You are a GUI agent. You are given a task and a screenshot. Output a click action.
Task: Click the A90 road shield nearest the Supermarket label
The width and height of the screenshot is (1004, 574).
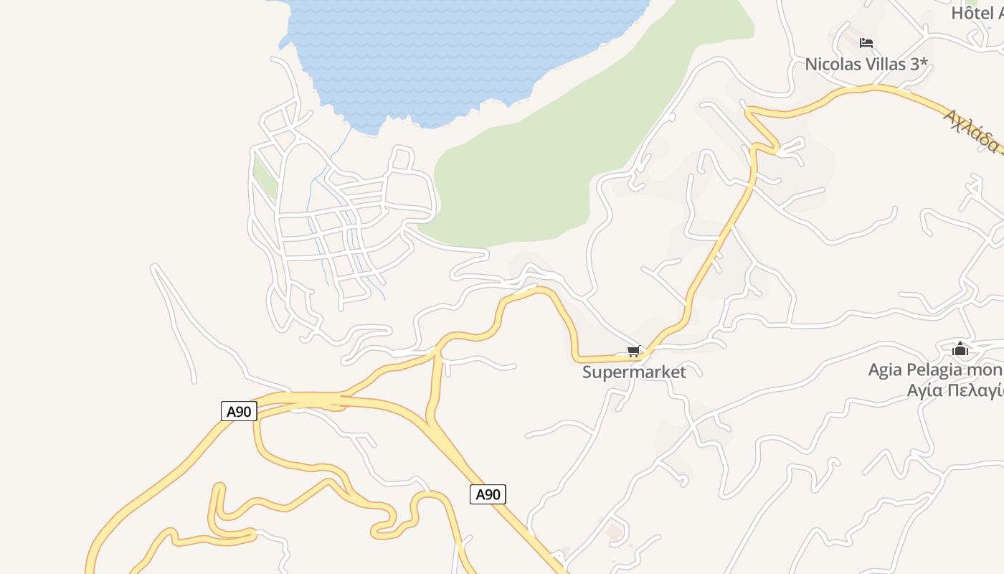pyautogui.click(x=488, y=494)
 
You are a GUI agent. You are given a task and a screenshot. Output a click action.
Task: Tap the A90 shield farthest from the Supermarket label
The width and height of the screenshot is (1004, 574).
pyautogui.click(x=239, y=411)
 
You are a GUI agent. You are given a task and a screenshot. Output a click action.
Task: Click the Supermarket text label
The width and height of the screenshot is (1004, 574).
pyautogui.click(x=634, y=372)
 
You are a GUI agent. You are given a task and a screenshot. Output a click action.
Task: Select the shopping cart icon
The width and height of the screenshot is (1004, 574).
pyautogui.click(x=633, y=352)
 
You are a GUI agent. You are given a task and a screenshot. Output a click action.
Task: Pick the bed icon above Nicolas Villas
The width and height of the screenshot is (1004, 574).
pyautogui.click(x=866, y=43)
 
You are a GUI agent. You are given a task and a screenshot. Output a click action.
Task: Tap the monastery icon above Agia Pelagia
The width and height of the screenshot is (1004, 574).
pyautogui.click(x=960, y=349)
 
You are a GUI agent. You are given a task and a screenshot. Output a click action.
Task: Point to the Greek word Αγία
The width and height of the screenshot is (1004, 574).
pyautogui.click(x=924, y=390)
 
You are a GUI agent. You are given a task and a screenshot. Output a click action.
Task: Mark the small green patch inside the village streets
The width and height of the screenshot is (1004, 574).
pyautogui.click(x=265, y=177)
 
